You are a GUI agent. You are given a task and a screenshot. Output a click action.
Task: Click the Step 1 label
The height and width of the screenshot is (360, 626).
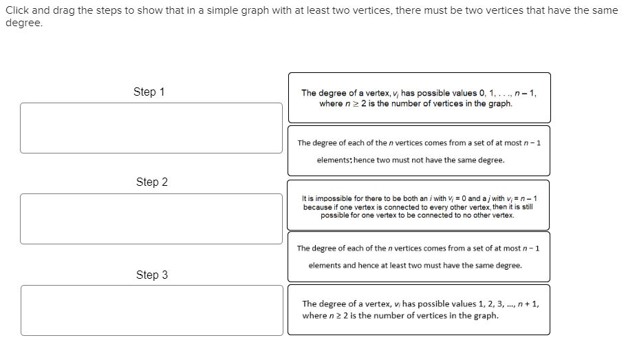tap(149, 92)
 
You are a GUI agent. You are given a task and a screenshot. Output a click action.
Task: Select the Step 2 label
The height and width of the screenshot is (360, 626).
tap(151, 182)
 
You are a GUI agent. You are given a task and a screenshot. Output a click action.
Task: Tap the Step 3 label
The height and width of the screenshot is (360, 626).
tap(151, 275)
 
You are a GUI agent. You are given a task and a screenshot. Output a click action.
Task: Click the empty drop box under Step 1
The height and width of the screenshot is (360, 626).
tap(151, 128)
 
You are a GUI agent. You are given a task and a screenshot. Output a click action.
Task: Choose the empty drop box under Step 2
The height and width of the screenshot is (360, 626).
tap(151, 219)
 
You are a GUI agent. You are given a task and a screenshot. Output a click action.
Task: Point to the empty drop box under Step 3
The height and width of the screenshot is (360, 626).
tap(151, 310)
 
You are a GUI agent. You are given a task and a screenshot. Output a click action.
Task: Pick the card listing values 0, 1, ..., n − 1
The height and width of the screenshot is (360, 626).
tap(418, 98)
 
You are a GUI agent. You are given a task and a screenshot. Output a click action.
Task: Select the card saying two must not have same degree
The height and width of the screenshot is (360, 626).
tap(418, 151)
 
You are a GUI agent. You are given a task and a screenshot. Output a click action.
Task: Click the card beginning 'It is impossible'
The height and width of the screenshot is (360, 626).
tap(418, 205)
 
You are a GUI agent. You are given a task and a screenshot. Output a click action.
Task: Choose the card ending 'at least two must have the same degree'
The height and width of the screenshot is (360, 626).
tap(418, 256)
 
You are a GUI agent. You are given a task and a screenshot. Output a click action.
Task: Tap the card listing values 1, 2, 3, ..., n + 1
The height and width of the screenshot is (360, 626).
tap(418, 310)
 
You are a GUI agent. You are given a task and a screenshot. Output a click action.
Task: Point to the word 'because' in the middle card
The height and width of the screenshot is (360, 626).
tap(317, 207)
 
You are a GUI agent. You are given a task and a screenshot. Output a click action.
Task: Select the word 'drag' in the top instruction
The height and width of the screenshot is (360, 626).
tap(74, 10)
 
